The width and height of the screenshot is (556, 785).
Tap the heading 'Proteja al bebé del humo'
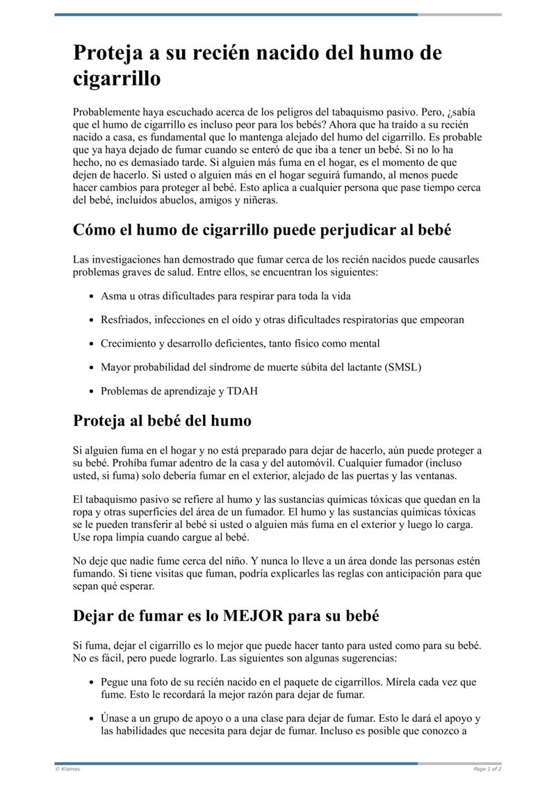[162, 420]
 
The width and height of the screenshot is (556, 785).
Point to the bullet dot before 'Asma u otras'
[92, 297]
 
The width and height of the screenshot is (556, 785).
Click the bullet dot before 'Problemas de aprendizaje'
[92, 392]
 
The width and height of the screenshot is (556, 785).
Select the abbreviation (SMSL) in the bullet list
[402, 367]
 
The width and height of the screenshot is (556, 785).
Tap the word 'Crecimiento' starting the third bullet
[129, 343]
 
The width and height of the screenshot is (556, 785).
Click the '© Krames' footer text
[67, 769]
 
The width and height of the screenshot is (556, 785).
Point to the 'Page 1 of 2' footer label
[487, 769]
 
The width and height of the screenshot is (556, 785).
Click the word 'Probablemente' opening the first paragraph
[105, 112]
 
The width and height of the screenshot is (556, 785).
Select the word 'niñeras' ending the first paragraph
[259, 200]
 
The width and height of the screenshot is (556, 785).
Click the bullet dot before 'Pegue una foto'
[92, 683]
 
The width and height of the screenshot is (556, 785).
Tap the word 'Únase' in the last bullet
[115, 718]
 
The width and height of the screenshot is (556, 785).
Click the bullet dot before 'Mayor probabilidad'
[92, 367]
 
